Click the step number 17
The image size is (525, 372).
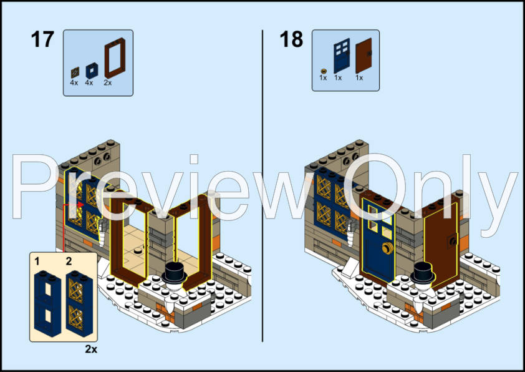point(42,39)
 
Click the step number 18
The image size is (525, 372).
point(291,39)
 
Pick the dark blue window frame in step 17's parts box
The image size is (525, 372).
point(91,71)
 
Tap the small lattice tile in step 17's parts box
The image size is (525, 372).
point(75,71)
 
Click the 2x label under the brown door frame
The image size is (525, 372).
point(108,82)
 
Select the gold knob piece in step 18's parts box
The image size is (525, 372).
point(323,71)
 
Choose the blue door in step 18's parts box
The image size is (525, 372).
point(340,57)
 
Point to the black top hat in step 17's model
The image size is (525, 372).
point(173,272)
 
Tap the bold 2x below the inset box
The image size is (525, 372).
point(91,350)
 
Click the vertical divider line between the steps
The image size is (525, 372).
point(262,187)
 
